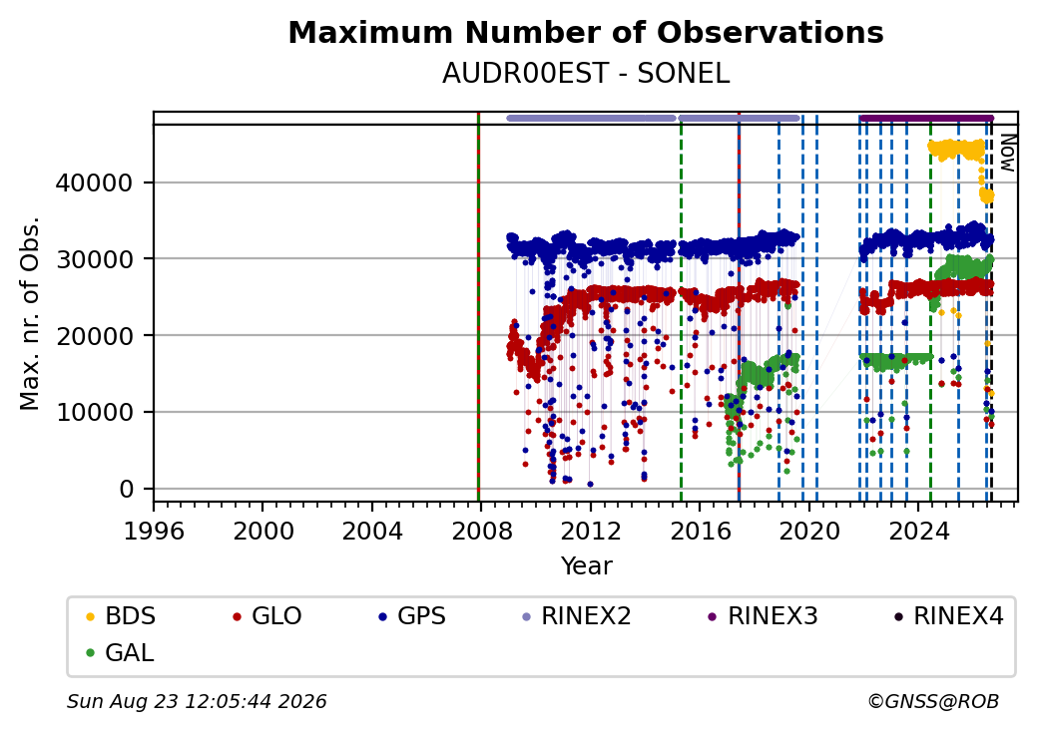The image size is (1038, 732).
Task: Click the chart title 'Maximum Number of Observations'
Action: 586,32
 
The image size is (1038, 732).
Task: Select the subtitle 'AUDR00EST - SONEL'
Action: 586,74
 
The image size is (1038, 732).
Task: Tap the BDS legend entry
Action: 121,616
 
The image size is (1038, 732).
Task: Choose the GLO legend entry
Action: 266,616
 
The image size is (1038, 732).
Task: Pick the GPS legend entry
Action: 412,616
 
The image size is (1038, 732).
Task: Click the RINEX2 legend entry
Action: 576,616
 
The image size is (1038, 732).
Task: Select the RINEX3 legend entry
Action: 763,616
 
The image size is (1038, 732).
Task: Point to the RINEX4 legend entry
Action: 948,616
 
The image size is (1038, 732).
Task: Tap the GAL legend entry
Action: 120,652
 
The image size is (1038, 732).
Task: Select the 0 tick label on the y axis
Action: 127,489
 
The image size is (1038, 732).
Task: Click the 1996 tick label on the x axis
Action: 154,531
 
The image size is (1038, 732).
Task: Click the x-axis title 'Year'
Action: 586,566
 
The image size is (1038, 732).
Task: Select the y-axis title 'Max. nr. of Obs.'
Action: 30,313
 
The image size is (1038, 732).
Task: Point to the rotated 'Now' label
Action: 1007,153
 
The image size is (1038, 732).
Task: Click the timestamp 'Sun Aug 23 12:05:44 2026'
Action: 197,701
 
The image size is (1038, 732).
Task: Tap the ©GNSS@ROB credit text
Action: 933,701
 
